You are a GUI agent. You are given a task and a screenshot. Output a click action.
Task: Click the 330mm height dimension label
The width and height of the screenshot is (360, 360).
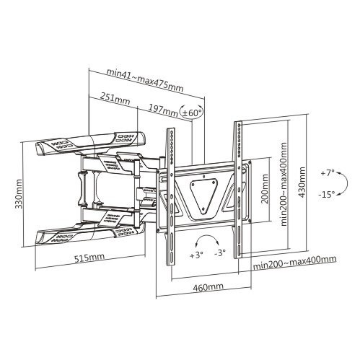pyautogui.click(x=19, y=193)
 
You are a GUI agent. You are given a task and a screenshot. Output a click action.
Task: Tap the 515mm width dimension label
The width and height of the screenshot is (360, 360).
pyautogui.click(x=89, y=258)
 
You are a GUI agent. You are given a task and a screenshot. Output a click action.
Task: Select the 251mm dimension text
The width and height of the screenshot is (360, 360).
pyautogui.click(x=115, y=99)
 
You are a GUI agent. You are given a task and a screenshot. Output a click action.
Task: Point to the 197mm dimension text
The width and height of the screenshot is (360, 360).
pyautogui.click(x=162, y=110)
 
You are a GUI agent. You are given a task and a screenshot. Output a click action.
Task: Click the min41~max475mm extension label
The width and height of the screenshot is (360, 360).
pyautogui.click(x=145, y=80)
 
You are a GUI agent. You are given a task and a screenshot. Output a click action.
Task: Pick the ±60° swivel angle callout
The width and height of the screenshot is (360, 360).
pyautogui.click(x=192, y=113)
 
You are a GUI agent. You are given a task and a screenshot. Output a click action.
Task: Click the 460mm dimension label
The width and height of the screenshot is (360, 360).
pyautogui.click(x=208, y=287)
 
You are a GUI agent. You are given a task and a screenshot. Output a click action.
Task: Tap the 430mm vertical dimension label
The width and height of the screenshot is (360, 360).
pyautogui.click(x=302, y=183)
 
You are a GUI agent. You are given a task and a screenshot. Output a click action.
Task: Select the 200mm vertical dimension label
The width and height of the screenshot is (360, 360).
pyautogui.click(x=265, y=189)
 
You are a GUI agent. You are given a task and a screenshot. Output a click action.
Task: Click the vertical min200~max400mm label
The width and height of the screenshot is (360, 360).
pyautogui.click(x=284, y=184)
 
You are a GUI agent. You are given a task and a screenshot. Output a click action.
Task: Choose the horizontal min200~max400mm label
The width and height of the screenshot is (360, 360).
pyautogui.click(x=295, y=263)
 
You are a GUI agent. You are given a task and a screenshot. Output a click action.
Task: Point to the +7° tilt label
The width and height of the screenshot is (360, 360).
pyautogui.click(x=328, y=173)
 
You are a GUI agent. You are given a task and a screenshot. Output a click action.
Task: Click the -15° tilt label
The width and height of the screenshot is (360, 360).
pyautogui.click(x=327, y=194)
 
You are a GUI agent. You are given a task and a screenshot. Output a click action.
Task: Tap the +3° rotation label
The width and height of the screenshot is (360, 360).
pyautogui.click(x=196, y=255)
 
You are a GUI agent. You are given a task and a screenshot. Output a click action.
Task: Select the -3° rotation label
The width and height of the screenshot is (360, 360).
pyautogui.click(x=220, y=253)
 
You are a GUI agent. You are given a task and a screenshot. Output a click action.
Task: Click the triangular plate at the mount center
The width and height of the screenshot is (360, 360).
pyautogui.click(x=203, y=195)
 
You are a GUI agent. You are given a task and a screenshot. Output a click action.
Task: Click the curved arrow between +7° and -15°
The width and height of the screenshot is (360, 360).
pyautogui.click(x=347, y=183)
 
